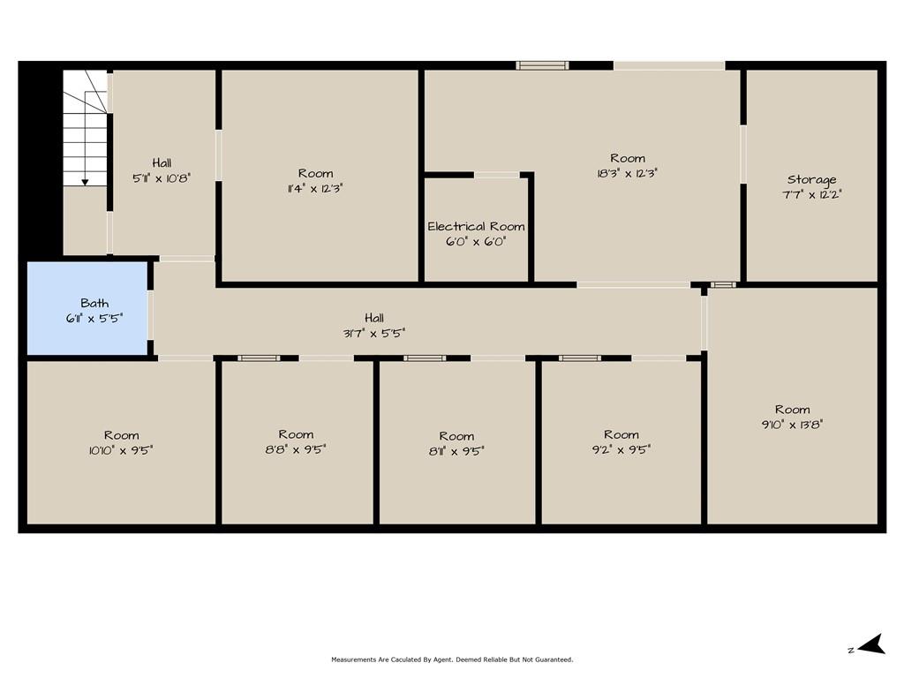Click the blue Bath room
click(x=87, y=308)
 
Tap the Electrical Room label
click(x=476, y=227)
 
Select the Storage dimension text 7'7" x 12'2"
click(x=812, y=195)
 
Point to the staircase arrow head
click(x=85, y=182)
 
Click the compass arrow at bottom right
click(x=871, y=644)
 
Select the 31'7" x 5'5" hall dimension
click(x=374, y=333)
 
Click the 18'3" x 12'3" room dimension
click(x=628, y=173)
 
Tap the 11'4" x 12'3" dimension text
click(x=315, y=189)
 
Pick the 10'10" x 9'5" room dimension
click(x=121, y=450)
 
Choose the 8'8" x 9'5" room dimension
click(x=296, y=449)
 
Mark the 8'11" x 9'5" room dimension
click(x=456, y=451)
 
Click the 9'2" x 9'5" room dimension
click(x=621, y=449)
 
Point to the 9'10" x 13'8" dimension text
click(x=792, y=425)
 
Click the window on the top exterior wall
click(x=542, y=65)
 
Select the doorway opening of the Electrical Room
click(x=497, y=175)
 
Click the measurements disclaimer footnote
click(x=452, y=659)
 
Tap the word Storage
click(x=812, y=180)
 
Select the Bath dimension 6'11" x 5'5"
click(x=94, y=318)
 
